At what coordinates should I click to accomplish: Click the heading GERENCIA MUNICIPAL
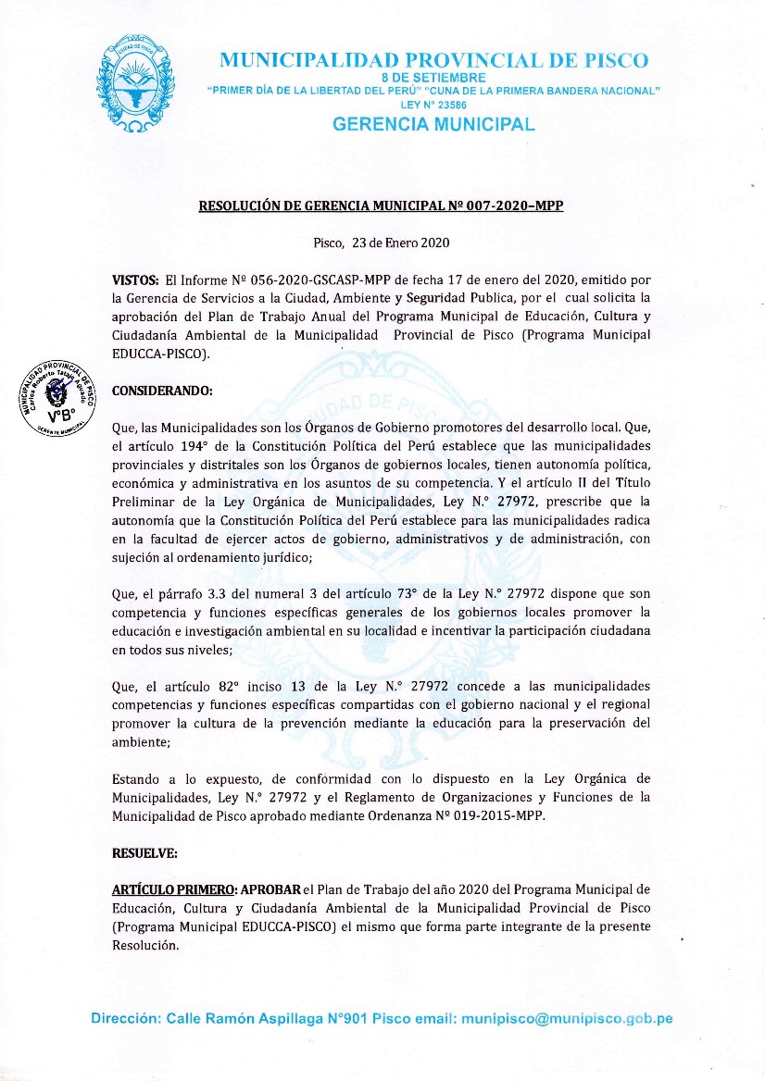(x=433, y=124)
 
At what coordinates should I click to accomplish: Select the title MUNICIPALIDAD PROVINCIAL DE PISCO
(x=433, y=60)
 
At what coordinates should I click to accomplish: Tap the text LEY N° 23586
(x=433, y=105)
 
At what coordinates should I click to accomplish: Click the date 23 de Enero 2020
(x=399, y=243)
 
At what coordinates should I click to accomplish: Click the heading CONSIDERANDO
(x=162, y=391)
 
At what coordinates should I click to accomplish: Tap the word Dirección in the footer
(x=126, y=1018)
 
